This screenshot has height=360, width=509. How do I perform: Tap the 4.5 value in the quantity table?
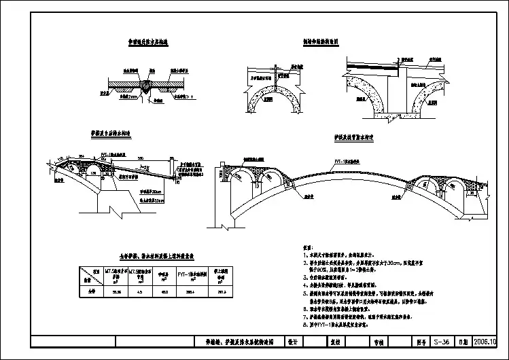140,291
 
